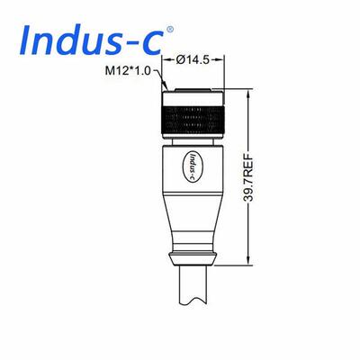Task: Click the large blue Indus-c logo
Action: click(93, 40)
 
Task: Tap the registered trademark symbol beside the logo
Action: click(170, 29)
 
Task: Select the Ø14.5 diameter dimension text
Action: click(193, 60)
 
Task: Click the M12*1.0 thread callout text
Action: click(128, 70)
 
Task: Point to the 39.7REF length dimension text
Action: click(248, 177)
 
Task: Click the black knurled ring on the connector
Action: click(193, 121)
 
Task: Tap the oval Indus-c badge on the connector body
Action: click(193, 165)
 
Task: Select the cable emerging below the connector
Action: click(193, 284)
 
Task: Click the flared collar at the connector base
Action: click(193, 258)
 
